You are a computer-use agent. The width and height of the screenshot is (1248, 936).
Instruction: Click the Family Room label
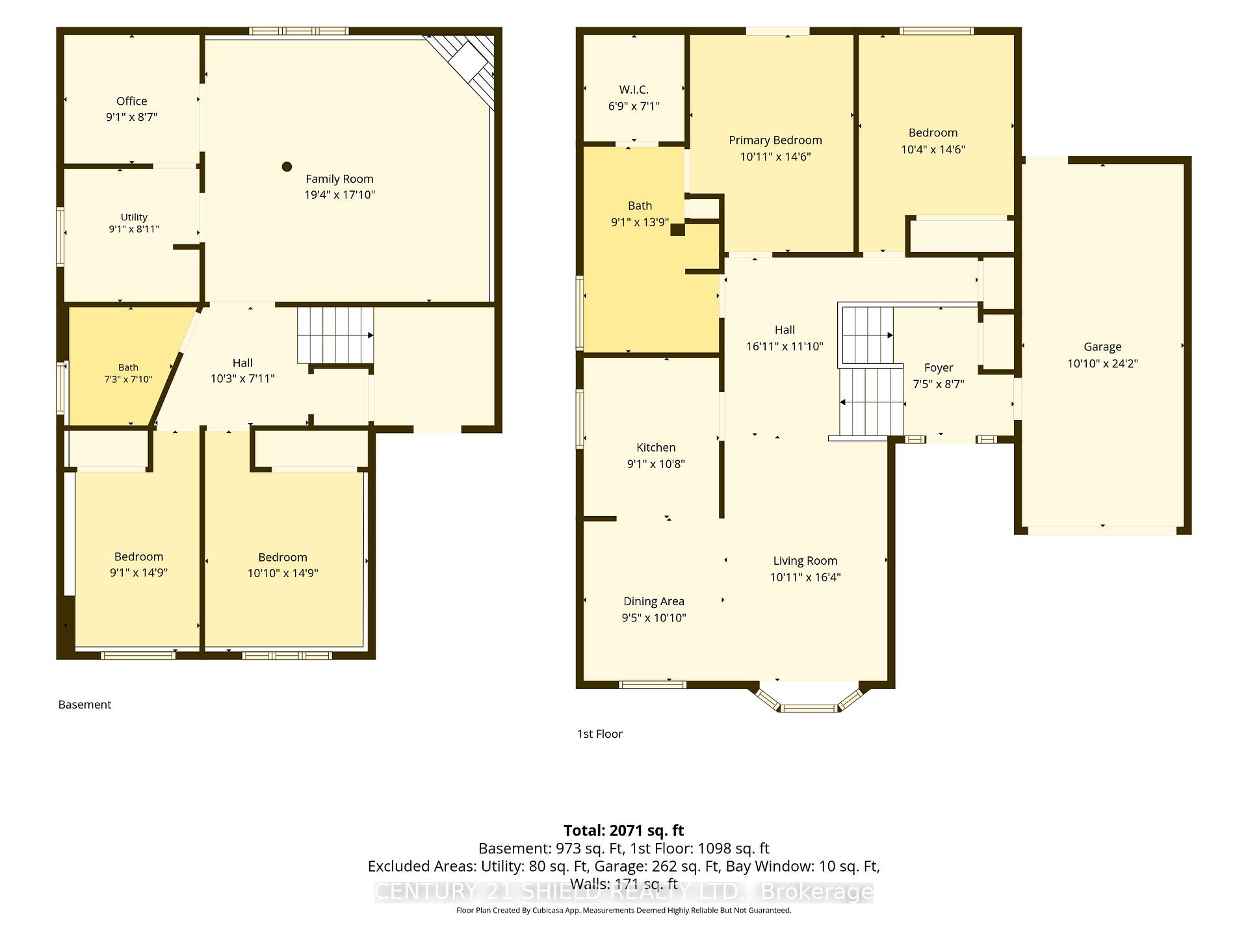[339, 179]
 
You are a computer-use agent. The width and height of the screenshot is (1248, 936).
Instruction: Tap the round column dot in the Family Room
[287, 166]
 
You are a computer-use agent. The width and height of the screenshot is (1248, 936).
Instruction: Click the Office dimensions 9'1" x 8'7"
[132, 117]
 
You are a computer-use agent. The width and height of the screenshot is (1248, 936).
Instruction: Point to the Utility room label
[134, 217]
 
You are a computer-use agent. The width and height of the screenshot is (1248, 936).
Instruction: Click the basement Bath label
[128, 367]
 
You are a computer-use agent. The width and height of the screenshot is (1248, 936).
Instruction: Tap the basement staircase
[335, 335]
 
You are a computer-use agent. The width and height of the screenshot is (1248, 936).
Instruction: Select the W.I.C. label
[634, 90]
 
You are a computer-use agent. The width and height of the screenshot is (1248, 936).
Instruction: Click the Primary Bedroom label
[775, 140]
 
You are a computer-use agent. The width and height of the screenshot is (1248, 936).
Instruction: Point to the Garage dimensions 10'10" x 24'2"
[1102, 363]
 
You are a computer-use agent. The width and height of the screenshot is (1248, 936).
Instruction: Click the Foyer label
[939, 368]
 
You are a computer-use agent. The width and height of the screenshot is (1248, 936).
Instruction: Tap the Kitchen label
[656, 447]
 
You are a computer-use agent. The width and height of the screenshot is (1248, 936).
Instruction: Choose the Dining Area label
[654, 601]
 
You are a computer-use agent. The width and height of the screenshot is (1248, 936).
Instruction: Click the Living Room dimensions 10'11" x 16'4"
[805, 577]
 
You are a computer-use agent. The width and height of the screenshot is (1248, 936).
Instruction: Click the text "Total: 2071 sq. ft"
[624, 830]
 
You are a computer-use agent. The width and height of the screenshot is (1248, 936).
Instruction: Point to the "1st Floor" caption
[600, 734]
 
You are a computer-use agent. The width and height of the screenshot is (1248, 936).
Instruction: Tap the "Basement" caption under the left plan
[85, 705]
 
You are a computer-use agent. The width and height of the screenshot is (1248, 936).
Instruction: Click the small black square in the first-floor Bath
[678, 229]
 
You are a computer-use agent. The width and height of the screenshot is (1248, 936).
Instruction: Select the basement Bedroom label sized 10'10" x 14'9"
[283, 557]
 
